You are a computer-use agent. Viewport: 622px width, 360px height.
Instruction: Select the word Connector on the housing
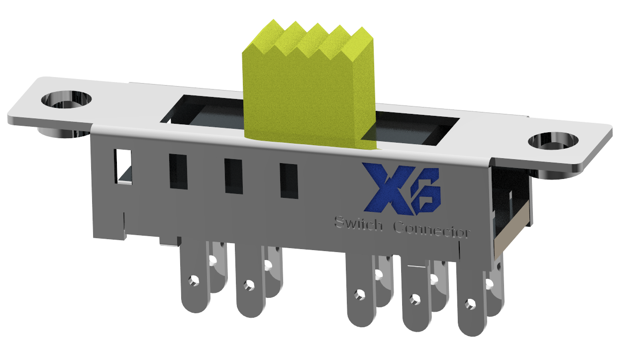(x=431, y=230)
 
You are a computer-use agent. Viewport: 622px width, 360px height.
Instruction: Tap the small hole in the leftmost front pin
(x=192, y=281)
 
